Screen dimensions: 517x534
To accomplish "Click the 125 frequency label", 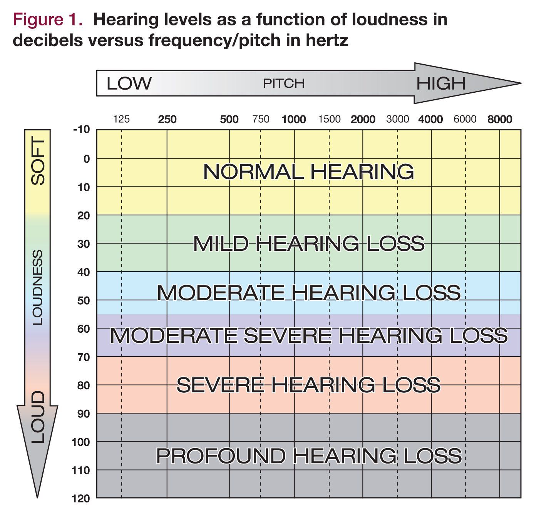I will tap(121, 119).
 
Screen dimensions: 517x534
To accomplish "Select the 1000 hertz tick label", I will tap(294, 119).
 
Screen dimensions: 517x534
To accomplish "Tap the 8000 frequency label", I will tap(500, 119).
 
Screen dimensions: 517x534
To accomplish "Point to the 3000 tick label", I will tap(397, 119).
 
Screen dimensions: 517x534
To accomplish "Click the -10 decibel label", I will tap(81, 130).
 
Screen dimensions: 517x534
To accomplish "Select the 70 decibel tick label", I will tap(83, 357).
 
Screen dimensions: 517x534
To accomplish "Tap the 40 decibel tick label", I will tap(83, 272).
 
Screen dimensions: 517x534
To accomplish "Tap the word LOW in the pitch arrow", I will tap(129, 83).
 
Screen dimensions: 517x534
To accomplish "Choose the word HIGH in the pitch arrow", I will tap(440, 83).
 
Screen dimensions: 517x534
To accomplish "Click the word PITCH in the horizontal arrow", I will tap(284, 83).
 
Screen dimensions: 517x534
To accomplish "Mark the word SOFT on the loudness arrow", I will tap(38, 162).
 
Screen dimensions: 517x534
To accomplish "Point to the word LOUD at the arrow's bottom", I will tap(38, 417).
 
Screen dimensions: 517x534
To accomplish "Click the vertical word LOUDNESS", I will tap(37, 287).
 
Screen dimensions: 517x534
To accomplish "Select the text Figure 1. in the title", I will tap(48, 19).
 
